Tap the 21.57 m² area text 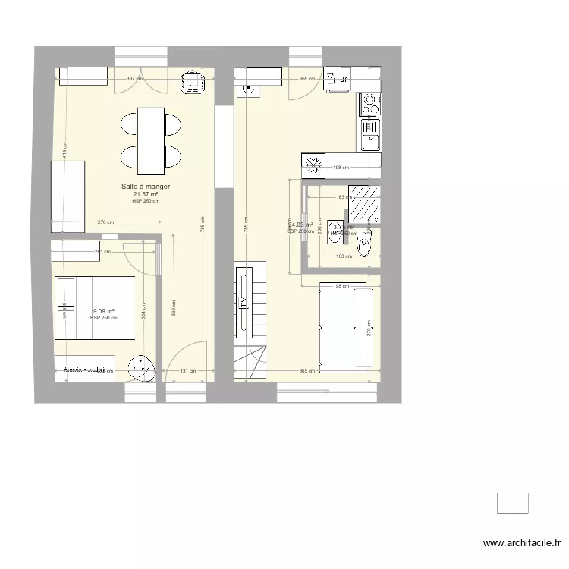[146, 194]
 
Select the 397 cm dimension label [134, 78]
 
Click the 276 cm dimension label [105, 222]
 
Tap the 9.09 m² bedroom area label [104, 311]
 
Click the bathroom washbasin [334, 239]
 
